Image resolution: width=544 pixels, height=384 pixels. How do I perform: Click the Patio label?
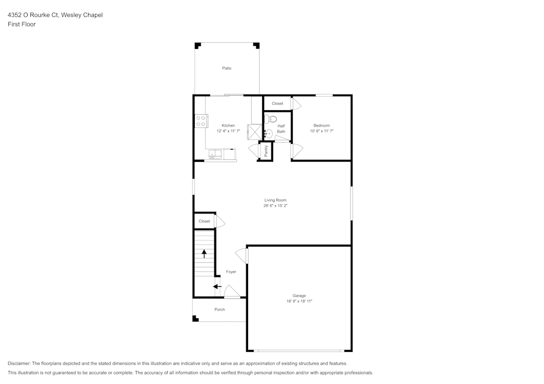(x=226, y=68)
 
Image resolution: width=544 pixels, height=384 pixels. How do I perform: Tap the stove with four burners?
(x=201, y=121)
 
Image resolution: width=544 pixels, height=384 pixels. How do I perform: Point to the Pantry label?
(x=266, y=151)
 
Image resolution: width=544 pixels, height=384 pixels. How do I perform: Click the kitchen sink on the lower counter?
(x=215, y=155)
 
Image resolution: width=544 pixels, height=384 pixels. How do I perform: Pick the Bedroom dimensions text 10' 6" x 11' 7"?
(x=322, y=131)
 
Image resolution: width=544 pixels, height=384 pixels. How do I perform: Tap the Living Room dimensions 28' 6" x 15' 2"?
(x=275, y=205)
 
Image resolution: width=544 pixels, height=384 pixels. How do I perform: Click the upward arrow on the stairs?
(x=205, y=253)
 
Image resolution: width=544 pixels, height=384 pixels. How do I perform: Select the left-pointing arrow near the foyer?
(x=217, y=286)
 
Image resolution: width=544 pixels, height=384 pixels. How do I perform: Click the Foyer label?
(x=231, y=272)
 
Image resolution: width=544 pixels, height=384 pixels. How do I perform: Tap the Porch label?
(x=219, y=310)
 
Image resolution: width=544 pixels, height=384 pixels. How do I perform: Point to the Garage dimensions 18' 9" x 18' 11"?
(x=299, y=301)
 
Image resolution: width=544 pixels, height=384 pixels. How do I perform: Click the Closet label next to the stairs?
(x=204, y=221)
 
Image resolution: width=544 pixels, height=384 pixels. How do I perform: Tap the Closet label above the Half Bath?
(x=277, y=103)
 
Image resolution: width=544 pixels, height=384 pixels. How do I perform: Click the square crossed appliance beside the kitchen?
(x=254, y=133)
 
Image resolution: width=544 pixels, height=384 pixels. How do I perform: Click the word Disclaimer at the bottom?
(x=19, y=363)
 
